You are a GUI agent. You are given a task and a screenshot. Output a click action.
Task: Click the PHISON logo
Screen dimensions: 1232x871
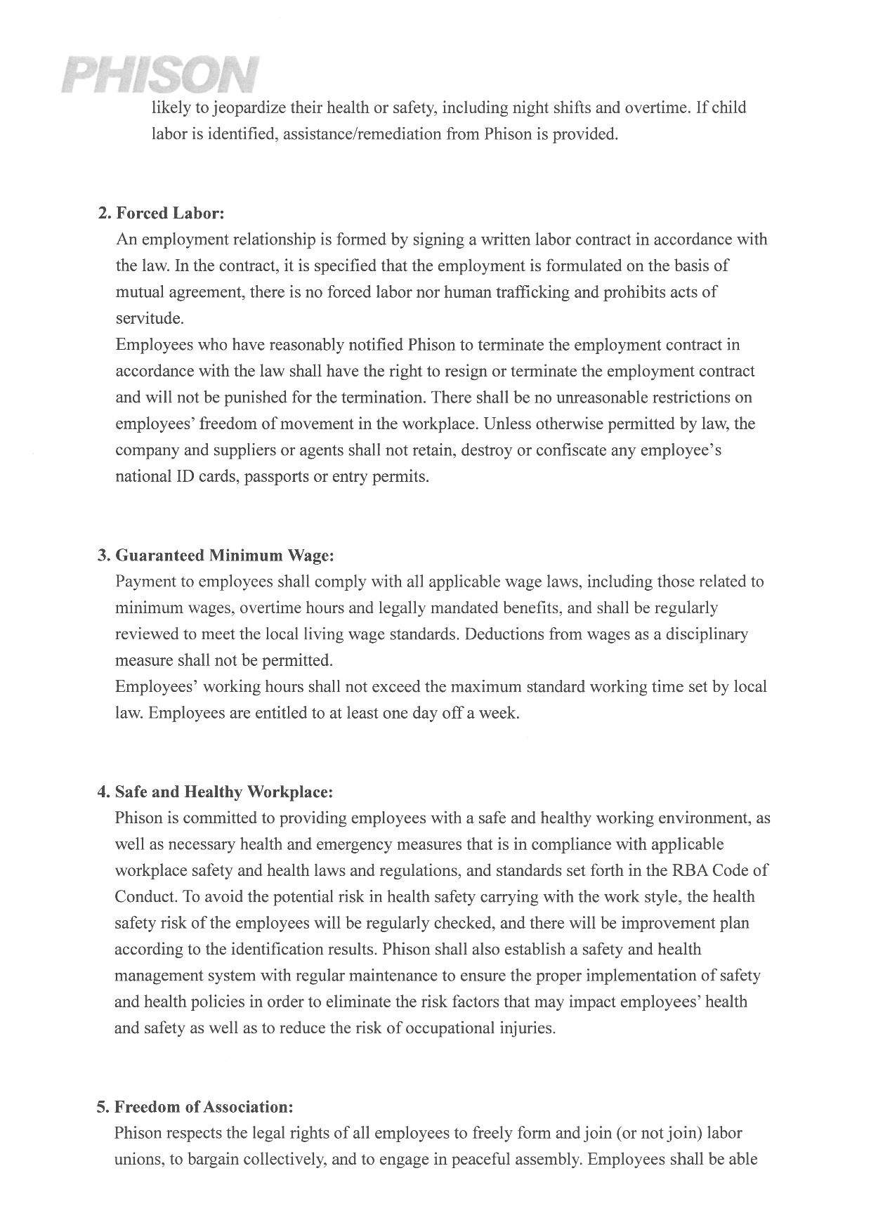160,75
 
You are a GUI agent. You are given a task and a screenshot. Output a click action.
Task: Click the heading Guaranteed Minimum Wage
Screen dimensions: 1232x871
224,556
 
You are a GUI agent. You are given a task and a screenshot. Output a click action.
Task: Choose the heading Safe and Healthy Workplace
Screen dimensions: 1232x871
223,792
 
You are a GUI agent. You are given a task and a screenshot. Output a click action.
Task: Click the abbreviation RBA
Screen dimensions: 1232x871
690,871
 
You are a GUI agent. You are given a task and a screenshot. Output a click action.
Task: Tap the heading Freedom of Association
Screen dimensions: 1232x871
203,1107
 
